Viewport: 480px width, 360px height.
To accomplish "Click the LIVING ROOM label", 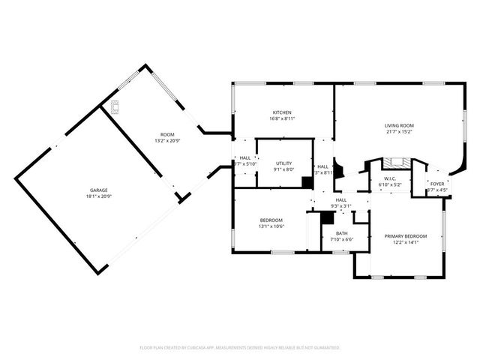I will [400, 125].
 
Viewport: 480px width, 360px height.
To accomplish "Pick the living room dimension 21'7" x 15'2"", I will [400, 132].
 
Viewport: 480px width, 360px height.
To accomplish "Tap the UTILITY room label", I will [283, 163].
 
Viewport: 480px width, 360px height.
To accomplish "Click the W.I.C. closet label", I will [390, 178].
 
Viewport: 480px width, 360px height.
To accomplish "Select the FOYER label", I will [437, 184].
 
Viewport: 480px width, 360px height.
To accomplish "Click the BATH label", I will [341, 233].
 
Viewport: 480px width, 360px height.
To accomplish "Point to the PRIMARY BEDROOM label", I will [406, 235].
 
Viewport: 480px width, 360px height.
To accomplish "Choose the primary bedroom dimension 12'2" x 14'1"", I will [406, 242].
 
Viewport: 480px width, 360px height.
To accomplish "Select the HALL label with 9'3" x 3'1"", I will [340, 203].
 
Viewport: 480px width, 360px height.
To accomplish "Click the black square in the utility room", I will [307, 181].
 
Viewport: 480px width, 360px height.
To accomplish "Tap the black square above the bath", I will [326, 217].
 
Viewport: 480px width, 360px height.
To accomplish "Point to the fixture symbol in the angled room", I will [115, 106].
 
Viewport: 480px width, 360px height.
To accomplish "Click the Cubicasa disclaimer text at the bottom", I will [240, 348].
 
